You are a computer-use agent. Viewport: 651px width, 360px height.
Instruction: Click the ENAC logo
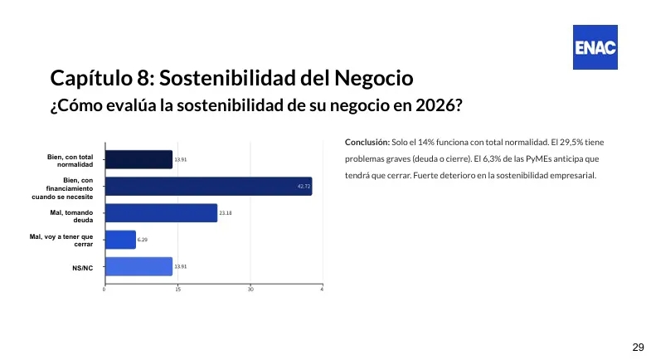pos(595,46)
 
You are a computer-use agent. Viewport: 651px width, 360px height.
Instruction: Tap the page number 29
pos(638,347)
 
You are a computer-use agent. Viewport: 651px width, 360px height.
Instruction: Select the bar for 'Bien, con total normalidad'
pos(138,159)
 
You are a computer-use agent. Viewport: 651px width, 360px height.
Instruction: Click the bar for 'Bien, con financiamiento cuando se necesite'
pos(208,186)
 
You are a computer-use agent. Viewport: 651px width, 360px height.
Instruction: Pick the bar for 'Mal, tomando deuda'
pos(161,213)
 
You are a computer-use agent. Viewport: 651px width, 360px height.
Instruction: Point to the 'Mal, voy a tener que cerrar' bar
pos(120,240)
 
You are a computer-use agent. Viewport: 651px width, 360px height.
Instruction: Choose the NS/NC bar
pos(138,266)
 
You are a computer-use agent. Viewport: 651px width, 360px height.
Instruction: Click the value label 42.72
pos(304,187)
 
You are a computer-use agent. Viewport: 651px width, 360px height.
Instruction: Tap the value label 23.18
pos(226,213)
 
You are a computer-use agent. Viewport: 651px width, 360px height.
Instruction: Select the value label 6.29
pos(143,240)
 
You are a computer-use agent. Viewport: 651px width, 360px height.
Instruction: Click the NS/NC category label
pos(82,268)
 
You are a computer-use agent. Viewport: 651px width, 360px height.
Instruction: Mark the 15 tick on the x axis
pos(177,289)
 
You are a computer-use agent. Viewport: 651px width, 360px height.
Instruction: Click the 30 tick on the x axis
pos(250,289)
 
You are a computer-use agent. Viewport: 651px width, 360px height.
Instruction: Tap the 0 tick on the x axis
pos(104,289)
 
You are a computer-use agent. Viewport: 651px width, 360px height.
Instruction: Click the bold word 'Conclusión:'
pos(367,142)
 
